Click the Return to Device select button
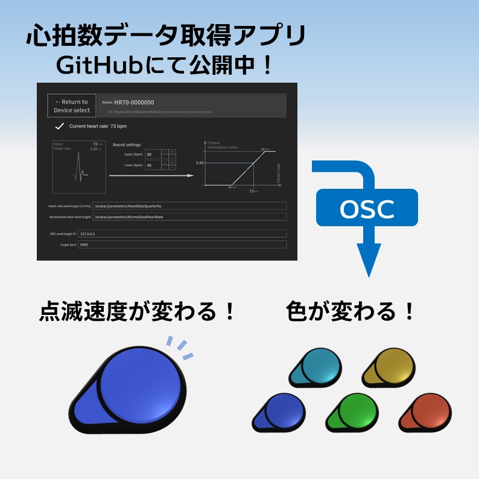tap(71, 106)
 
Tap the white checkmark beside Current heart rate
tap(60, 126)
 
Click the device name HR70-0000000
tap(134, 103)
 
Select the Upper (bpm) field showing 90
tap(152, 154)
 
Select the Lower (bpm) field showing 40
tap(152, 165)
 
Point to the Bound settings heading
tap(127, 145)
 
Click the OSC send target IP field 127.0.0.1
tap(181, 233)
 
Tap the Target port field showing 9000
tap(181, 245)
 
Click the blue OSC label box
tap(367, 209)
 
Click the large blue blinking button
tap(136, 389)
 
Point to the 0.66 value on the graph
tap(200, 163)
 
